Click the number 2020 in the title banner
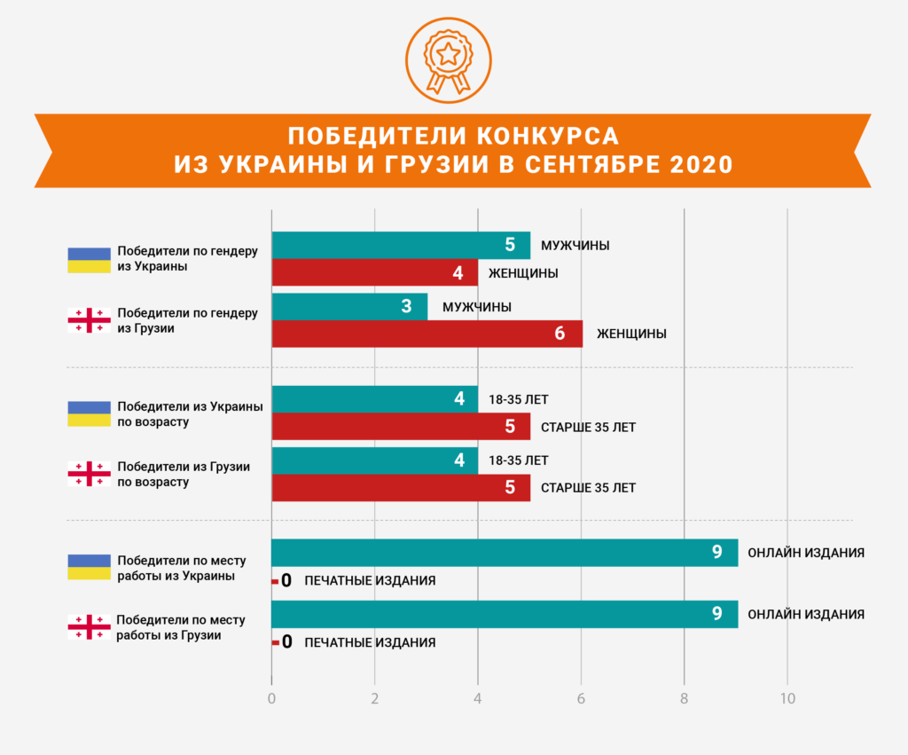(700, 164)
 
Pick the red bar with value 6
(427, 334)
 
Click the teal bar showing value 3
(349, 307)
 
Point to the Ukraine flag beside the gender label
(90, 259)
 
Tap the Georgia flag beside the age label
(90, 474)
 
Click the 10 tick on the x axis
(787, 698)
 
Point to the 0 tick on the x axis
(271, 698)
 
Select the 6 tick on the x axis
(581, 698)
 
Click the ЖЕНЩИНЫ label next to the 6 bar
(631, 334)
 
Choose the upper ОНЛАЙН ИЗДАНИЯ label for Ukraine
(806, 553)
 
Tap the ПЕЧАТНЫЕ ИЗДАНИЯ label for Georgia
(370, 642)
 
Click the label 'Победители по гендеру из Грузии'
(187, 320)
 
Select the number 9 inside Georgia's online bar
(716, 614)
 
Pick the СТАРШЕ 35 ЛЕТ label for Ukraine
(588, 427)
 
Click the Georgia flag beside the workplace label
(90, 627)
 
